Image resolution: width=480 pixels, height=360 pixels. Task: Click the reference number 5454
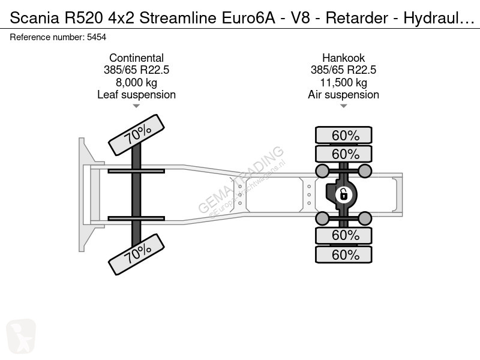click(x=97, y=37)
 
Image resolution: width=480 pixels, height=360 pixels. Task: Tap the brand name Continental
click(x=137, y=58)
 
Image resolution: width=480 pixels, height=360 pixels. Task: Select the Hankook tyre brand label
click(x=343, y=58)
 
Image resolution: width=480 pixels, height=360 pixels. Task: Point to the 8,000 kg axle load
click(x=137, y=82)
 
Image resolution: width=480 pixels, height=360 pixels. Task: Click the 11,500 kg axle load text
click(x=343, y=82)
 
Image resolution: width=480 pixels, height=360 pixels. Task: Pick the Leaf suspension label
click(x=137, y=95)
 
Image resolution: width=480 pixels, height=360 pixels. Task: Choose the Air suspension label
click(x=343, y=95)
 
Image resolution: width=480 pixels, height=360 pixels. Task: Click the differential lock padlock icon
click(x=343, y=194)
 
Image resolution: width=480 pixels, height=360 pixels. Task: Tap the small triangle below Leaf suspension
click(x=136, y=106)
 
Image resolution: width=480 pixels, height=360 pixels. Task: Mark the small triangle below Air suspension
click(x=343, y=106)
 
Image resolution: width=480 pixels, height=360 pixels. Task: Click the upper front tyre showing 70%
click(x=137, y=135)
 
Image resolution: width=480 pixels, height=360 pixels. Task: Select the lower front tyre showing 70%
click(x=137, y=254)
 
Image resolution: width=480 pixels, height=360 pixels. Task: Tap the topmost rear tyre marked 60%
click(x=344, y=135)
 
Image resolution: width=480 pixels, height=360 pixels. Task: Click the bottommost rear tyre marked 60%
click(x=344, y=254)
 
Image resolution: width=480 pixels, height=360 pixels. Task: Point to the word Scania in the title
click(x=35, y=18)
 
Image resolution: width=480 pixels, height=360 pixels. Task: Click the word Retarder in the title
click(x=357, y=18)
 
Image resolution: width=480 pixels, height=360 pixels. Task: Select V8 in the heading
click(x=300, y=18)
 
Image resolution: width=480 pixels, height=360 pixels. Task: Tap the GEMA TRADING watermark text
click(x=241, y=179)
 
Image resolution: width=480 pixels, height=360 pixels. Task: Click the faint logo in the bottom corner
click(x=21, y=336)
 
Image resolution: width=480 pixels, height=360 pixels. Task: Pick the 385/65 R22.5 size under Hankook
click(x=343, y=70)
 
